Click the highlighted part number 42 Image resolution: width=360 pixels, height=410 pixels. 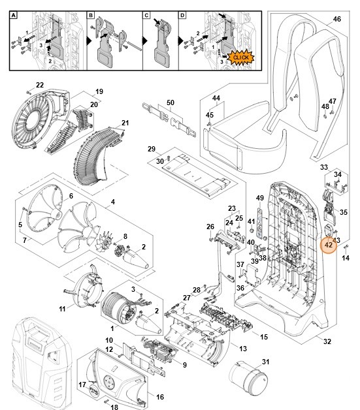click(x=328, y=245)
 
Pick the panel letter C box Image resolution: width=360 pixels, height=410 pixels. click(x=147, y=14)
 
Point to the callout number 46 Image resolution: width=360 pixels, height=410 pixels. click(x=336, y=20)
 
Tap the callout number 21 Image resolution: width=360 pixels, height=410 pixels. click(x=125, y=123)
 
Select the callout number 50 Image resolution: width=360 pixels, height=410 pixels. click(x=171, y=102)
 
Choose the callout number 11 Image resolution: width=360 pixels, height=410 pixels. click(x=63, y=307)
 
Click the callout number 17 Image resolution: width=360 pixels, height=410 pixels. click(x=82, y=385)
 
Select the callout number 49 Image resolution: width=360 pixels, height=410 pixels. click(x=259, y=198)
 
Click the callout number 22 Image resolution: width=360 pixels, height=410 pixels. click(x=40, y=85)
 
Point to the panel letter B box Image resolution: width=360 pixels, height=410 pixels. click(x=91, y=14)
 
